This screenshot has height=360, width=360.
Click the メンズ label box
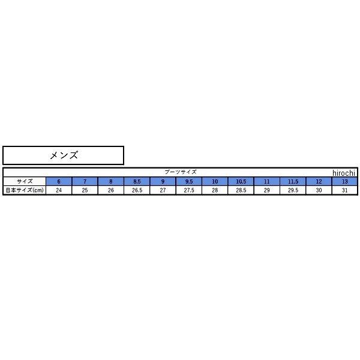[63, 155]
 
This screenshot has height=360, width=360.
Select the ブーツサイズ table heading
[180, 172]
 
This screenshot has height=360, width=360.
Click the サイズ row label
[25, 181]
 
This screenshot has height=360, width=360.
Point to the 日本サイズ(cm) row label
[25, 190]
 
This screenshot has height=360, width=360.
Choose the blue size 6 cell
[59, 181]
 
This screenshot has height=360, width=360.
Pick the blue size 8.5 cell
[137, 181]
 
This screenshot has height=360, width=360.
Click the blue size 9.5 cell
[189, 181]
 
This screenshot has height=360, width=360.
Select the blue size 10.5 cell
[241, 181]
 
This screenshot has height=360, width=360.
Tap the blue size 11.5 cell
[293, 181]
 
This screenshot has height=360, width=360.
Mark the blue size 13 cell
[344, 181]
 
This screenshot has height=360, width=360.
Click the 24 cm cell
[59, 190]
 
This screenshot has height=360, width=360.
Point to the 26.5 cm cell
[137, 190]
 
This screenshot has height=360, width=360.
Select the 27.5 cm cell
[189, 190]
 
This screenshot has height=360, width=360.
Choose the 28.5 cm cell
[241, 190]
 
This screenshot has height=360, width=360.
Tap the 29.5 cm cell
[293, 190]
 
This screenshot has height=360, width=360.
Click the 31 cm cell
[344, 190]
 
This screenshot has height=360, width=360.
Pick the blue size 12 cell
[319, 181]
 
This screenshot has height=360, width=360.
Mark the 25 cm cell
[85, 190]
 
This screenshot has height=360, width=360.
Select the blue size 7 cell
[85, 181]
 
